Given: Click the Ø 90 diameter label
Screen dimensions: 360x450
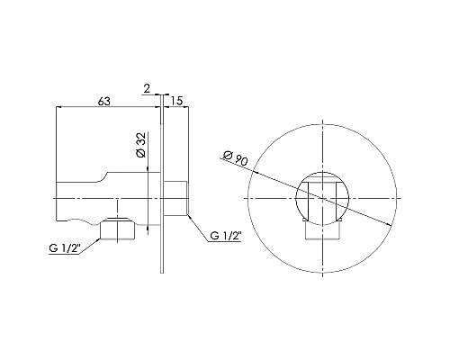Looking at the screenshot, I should point(236,160).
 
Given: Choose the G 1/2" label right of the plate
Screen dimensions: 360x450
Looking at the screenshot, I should point(225,236).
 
